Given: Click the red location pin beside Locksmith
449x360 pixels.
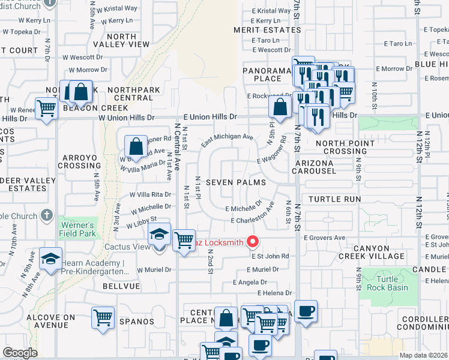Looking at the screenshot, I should point(253,242).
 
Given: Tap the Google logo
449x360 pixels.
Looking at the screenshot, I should point(20,353).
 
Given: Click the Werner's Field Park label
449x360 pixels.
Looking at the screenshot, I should point(79,229).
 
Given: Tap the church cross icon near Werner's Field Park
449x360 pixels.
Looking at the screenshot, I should point(47,215).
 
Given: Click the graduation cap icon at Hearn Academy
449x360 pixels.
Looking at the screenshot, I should point(50,259).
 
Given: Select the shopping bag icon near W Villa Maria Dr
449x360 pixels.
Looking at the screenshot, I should point(136,146).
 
